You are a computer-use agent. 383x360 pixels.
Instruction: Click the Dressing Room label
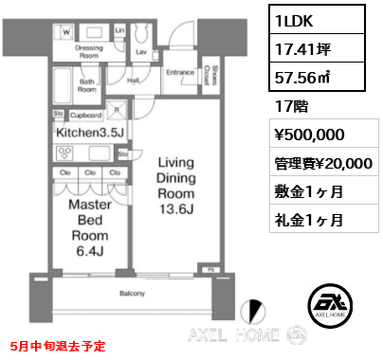(x=90, y=51)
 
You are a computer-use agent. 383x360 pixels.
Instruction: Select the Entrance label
(x=181, y=72)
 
